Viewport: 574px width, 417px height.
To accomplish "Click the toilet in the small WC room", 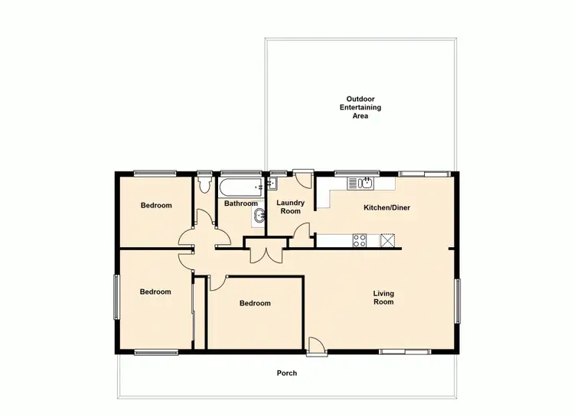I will click(x=204, y=186).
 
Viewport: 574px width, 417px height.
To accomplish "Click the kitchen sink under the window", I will click(x=360, y=183).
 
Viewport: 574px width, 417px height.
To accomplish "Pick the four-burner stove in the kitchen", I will click(x=359, y=241).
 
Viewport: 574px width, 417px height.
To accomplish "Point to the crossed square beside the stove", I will click(x=389, y=241).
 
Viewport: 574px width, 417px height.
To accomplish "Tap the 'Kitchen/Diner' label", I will click(x=387, y=207).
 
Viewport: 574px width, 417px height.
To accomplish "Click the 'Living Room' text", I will click(x=383, y=298).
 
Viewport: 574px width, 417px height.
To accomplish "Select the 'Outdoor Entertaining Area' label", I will click(x=360, y=107).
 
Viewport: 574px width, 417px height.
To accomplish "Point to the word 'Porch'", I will click(x=286, y=373).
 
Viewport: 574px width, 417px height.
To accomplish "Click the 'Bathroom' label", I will click(x=240, y=204).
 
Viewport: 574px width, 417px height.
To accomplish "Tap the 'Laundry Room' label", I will click(x=290, y=207).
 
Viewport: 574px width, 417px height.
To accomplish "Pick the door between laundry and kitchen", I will click(x=306, y=232).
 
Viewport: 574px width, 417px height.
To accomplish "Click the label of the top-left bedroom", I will click(x=156, y=205).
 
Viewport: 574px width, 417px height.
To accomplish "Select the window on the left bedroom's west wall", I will click(x=116, y=297).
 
